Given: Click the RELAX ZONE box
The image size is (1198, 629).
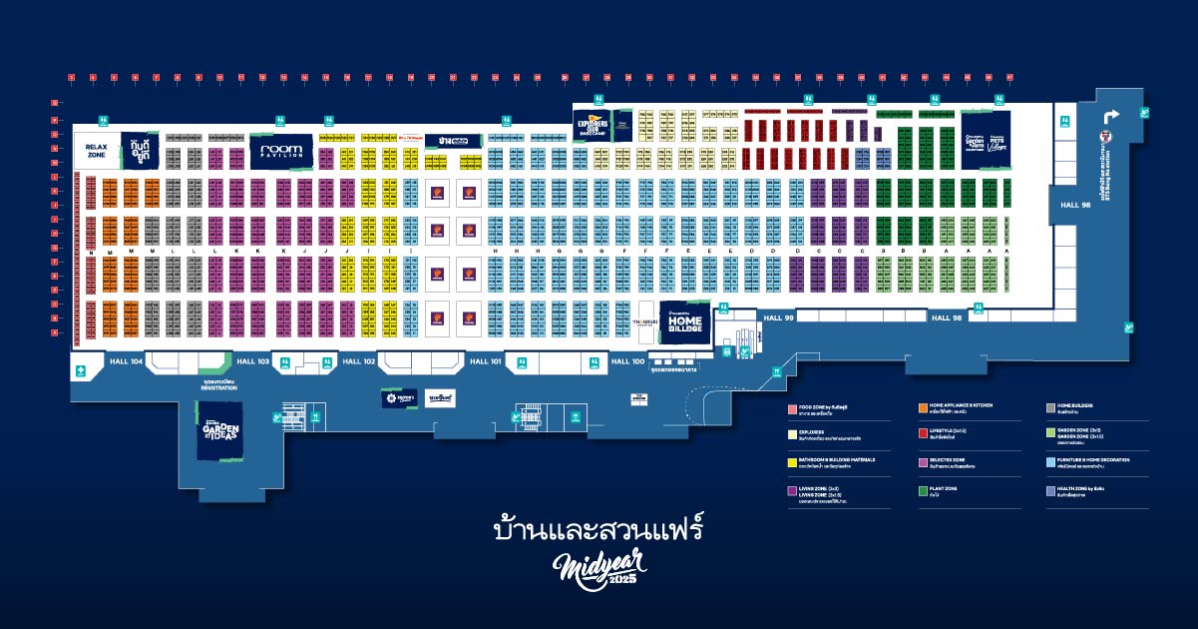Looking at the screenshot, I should click(x=96, y=151).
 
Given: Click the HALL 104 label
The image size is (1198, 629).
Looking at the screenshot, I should click(x=127, y=360).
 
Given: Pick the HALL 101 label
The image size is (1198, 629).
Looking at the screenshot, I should click(x=485, y=360).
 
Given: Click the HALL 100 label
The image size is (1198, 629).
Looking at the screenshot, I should click(x=627, y=360).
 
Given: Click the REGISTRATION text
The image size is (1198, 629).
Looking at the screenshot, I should click(x=218, y=387).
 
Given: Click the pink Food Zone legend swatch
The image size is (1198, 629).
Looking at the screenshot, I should click(x=790, y=407).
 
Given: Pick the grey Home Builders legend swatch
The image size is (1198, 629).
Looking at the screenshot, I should click(x=1050, y=407).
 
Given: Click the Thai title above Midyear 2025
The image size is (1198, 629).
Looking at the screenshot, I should click(x=599, y=526).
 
